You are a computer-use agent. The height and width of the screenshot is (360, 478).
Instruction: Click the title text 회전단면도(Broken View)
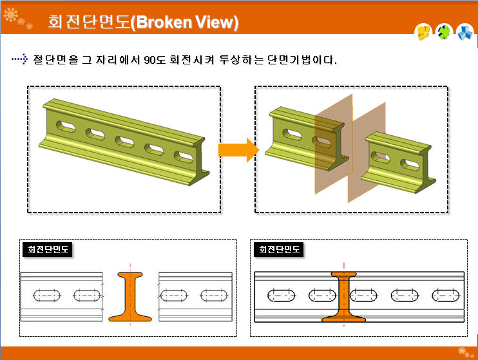point(143,23)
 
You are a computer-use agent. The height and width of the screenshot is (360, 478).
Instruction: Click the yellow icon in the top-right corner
point(423,32)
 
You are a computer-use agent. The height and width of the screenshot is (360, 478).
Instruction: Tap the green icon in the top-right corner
point(444,32)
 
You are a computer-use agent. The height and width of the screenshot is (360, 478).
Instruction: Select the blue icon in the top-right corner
point(464,32)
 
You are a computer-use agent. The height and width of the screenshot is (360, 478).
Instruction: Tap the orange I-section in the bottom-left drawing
point(130,297)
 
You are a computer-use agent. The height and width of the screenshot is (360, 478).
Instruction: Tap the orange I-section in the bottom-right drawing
point(344,297)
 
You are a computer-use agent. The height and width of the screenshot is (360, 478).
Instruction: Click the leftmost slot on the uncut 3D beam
point(65,125)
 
